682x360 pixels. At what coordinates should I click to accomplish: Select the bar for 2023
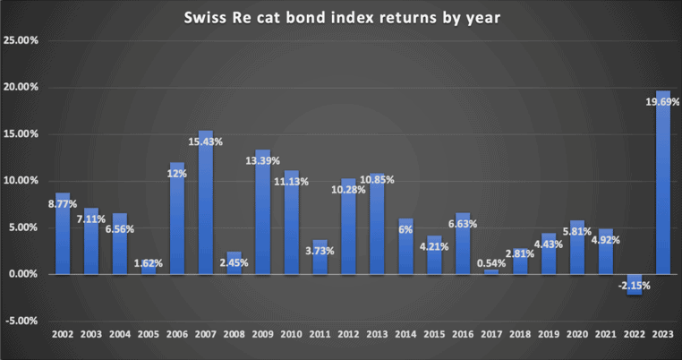click(663, 188)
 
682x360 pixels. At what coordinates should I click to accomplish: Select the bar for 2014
click(405, 246)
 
